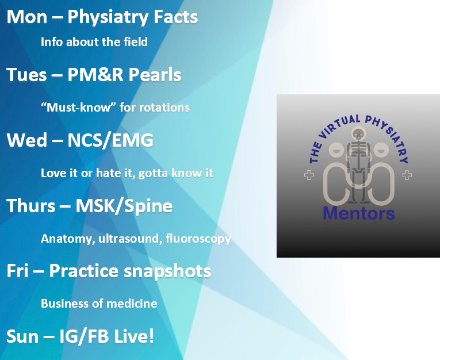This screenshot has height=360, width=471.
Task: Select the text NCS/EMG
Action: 110,140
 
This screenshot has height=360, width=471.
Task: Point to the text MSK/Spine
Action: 124,206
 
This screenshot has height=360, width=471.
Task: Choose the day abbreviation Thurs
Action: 31,206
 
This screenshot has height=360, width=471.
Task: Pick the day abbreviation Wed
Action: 26,140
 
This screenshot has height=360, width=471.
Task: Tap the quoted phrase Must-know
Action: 79,108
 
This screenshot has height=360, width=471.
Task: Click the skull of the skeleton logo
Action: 358,134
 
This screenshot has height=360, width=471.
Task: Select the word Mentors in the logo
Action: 359,213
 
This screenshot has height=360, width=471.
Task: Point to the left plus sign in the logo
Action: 309,175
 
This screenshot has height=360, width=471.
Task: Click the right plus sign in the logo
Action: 407,175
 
